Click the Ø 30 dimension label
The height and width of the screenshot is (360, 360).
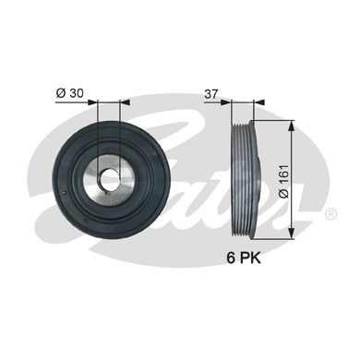[x=69, y=93]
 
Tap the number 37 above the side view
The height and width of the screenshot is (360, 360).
[x=211, y=94]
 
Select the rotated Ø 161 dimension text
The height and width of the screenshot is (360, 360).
[x=283, y=181]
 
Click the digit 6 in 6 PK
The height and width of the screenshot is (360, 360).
[x=231, y=258]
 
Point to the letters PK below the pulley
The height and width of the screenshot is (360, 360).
[x=250, y=258]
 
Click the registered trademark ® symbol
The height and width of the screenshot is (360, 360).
[x=331, y=214]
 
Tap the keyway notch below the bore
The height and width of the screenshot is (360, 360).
[x=106, y=193]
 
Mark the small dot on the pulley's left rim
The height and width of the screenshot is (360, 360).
[x=63, y=193]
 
